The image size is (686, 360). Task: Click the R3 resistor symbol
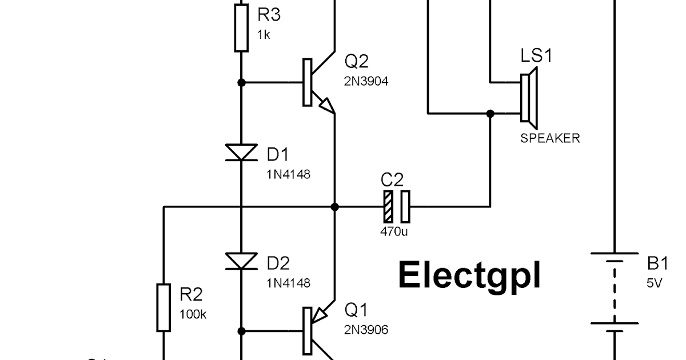pyautogui.click(x=241, y=29)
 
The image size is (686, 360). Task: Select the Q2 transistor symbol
pyautogui.click(x=317, y=83)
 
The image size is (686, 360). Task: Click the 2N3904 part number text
pyautogui.click(x=366, y=82)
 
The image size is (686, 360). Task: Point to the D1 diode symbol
pyautogui.click(x=241, y=153)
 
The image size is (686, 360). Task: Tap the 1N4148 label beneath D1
pyautogui.click(x=288, y=174)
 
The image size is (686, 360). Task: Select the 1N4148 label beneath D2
pyautogui.click(x=288, y=283)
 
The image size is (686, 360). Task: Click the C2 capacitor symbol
pyautogui.click(x=397, y=207)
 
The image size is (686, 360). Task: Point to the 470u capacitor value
pyautogui.click(x=394, y=232)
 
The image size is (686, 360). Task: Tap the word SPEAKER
pyautogui.click(x=549, y=138)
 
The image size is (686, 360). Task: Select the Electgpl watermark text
pyautogui.click(x=469, y=275)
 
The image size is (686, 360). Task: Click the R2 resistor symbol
pyautogui.click(x=164, y=307)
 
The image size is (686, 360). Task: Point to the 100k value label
pyautogui.click(x=193, y=314)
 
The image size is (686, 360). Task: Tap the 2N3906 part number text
pyautogui.click(x=366, y=330)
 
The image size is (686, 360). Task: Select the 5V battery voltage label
pyautogui.click(x=654, y=283)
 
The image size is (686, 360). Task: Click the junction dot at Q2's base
pyautogui.click(x=241, y=83)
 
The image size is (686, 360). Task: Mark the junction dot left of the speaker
pyautogui.click(x=490, y=114)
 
